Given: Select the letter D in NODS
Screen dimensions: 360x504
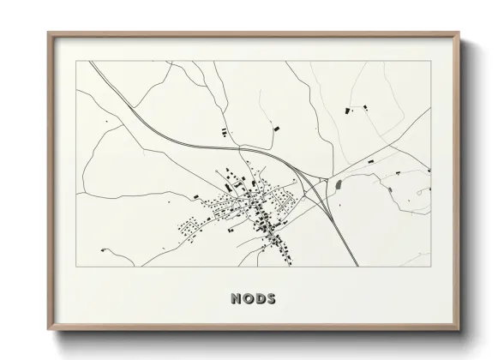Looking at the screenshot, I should [259, 299].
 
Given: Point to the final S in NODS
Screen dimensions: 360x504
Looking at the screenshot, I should [271, 299].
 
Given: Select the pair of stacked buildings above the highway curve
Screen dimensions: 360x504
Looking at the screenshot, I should [225, 131].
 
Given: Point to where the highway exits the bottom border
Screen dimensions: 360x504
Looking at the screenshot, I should [357, 266].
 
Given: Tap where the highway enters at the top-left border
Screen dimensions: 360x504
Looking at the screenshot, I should [90, 61].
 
